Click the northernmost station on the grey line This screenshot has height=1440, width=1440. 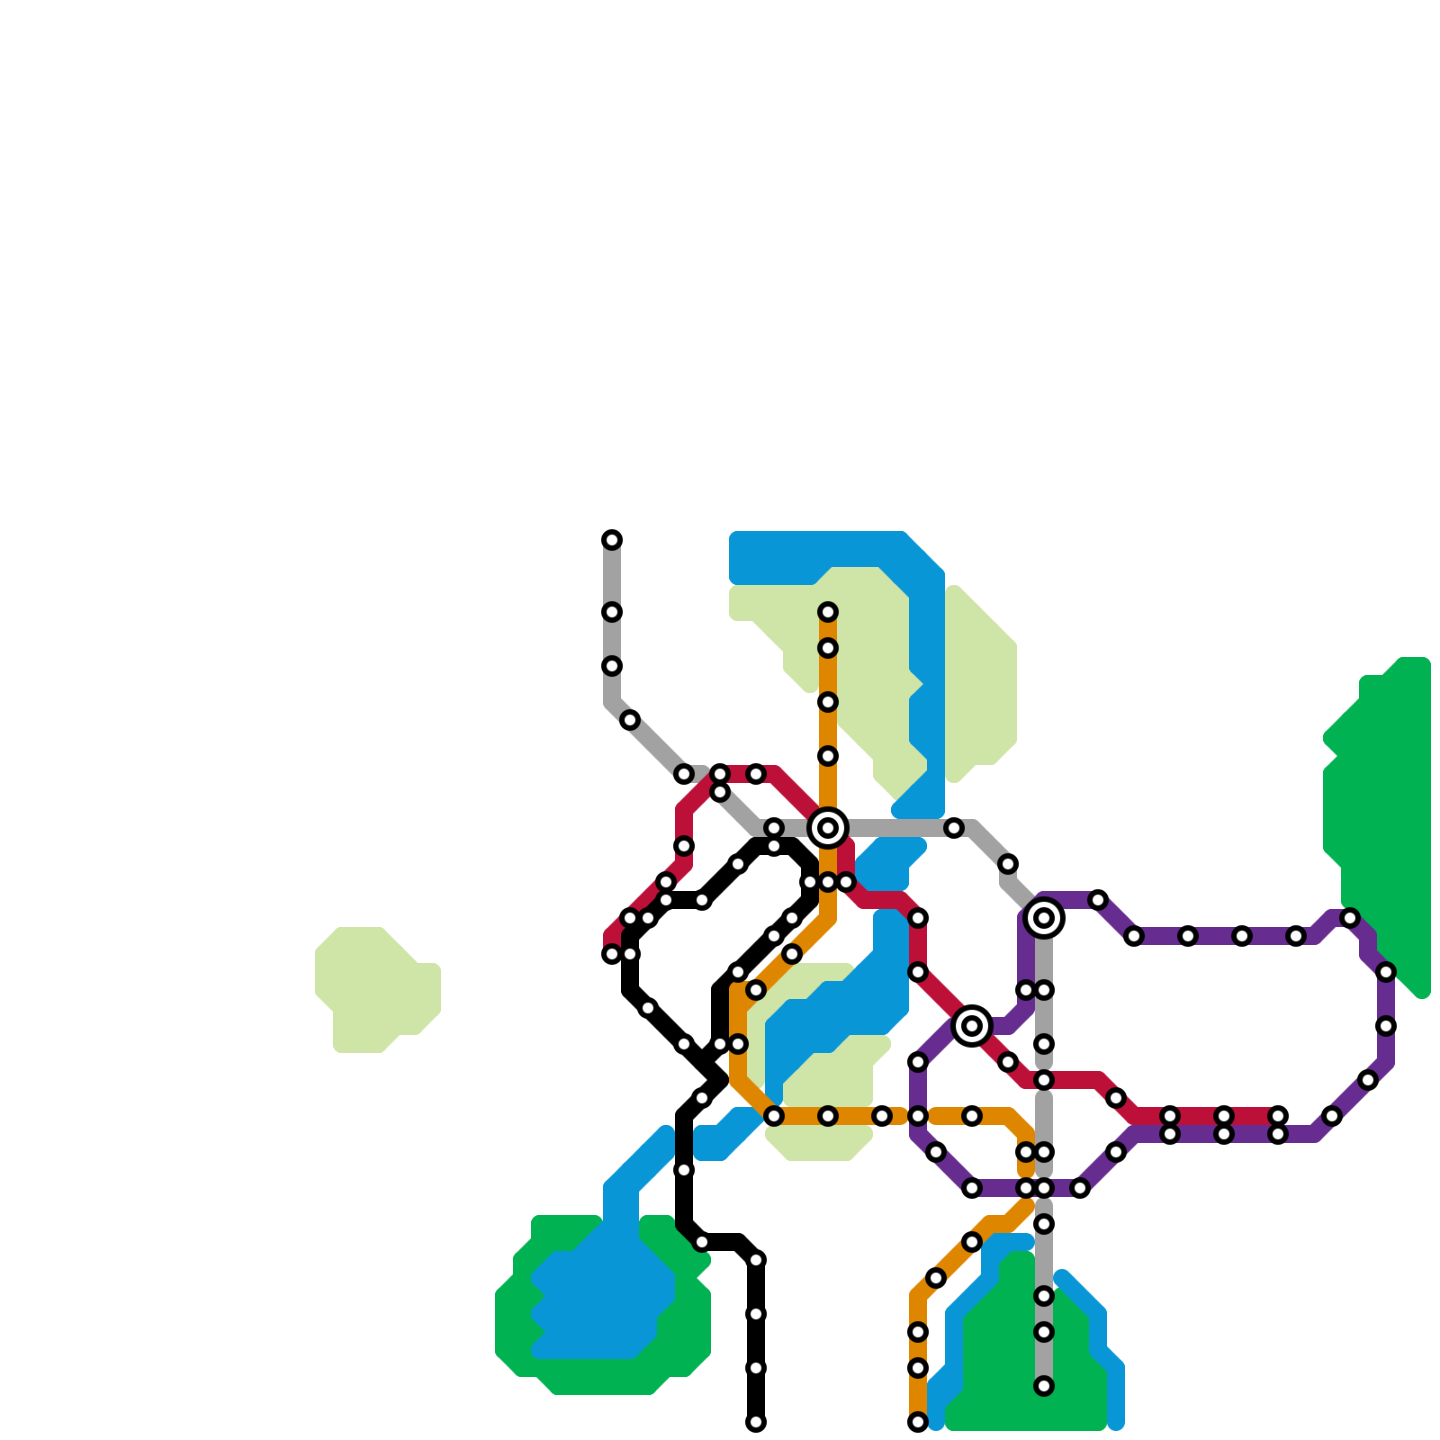[612, 540]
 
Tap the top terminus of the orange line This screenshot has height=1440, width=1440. [828, 613]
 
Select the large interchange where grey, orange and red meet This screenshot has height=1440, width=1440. [828, 827]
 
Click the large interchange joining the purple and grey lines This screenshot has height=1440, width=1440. [1044, 918]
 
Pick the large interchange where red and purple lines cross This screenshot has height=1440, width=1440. [972, 1026]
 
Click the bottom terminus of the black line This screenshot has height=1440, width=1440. [756, 1422]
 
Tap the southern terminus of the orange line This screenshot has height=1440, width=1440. [918, 1422]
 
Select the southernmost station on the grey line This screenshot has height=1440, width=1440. [1044, 1386]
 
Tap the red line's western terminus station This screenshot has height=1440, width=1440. [612, 954]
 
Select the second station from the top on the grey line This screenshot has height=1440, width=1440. [612, 613]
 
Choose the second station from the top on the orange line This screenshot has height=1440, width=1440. [828, 649]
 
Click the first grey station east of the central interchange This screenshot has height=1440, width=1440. [954, 828]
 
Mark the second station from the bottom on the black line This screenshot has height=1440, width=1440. [756, 1368]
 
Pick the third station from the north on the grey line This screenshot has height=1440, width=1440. [612, 666]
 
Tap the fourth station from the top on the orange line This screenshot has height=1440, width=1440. [828, 756]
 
